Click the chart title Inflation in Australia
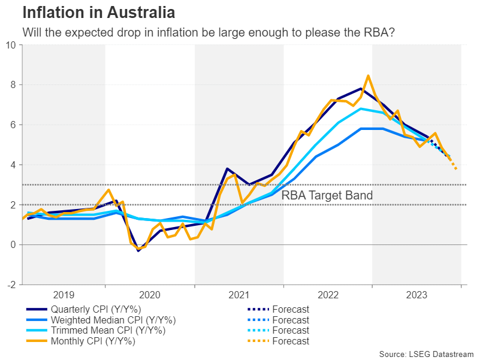pos(99,12)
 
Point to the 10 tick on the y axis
pos(11,45)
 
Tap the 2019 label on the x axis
pos(64,295)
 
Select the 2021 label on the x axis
pos(239,295)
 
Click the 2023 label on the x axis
pos(416,295)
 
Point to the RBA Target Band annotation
pos(327,195)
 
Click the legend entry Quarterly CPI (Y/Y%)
pos(105,310)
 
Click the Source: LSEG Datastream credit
pos(426,354)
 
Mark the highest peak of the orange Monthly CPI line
pos(368,76)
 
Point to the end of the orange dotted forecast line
pos(457,169)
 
